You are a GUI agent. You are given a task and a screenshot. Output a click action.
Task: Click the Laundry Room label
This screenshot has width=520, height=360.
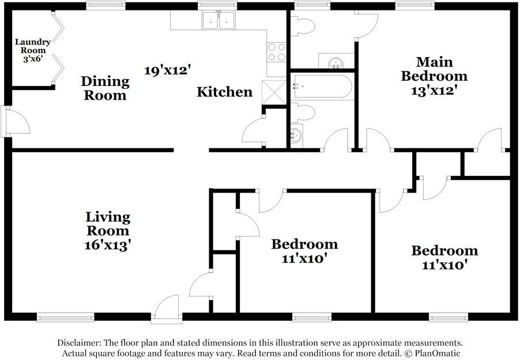click(x=33, y=50)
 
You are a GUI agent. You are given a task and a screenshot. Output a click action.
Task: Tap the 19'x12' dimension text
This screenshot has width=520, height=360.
click(x=168, y=70)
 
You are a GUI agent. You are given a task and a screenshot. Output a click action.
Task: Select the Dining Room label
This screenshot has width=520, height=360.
click(x=105, y=88)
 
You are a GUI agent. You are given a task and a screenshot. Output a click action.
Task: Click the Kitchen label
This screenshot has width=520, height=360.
click(x=224, y=92)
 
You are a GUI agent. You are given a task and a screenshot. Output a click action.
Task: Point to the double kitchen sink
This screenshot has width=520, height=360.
click(x=219, y=20)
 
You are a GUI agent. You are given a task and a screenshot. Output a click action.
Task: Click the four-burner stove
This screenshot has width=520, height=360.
click(x=277, y=52)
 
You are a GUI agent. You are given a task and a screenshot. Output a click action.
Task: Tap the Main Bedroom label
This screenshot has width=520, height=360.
click(x=434, y=69)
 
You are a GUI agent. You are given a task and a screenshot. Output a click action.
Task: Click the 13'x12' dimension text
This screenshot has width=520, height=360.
click(x=434, y=90)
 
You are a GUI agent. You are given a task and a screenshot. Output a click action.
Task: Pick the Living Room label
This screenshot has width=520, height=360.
click(x=108, y=224)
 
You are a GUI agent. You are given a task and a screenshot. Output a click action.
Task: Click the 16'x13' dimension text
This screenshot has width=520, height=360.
click(x=108, y=245)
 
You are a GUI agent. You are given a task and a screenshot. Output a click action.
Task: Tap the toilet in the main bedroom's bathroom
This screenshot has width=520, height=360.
click(x=303, y=26)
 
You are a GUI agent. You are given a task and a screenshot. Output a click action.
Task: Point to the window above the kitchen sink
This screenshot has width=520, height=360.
click(x=217, y=5)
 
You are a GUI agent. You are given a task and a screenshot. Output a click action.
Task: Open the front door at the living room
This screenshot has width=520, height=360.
click(x=167, y=309)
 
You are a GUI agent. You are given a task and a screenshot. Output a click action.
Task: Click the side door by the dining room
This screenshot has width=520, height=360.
click(x=15, y=121)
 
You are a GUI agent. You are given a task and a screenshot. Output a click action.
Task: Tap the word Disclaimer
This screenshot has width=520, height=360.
click(x=80, y=343)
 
